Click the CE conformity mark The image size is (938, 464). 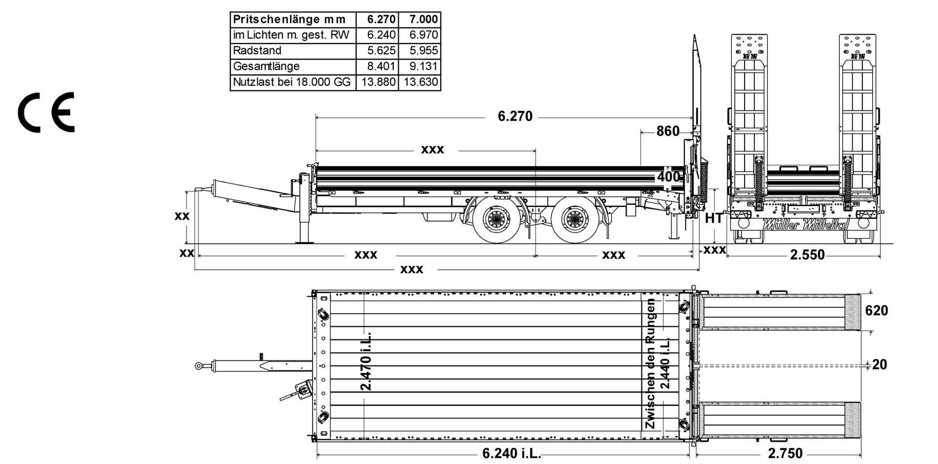point(46,112)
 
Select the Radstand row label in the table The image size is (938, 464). point(257,51)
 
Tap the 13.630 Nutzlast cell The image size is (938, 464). point(421,82)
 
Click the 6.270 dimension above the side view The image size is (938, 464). point(515,117)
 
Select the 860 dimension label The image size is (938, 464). point(667,131)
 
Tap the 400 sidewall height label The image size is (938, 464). point(668,177)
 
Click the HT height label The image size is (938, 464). point(713,218)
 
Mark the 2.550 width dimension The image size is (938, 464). point(807,254)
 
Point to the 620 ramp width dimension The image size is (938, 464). point(876,311)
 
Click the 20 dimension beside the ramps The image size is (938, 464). point(879,364)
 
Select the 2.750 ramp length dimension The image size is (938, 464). point(785,454)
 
